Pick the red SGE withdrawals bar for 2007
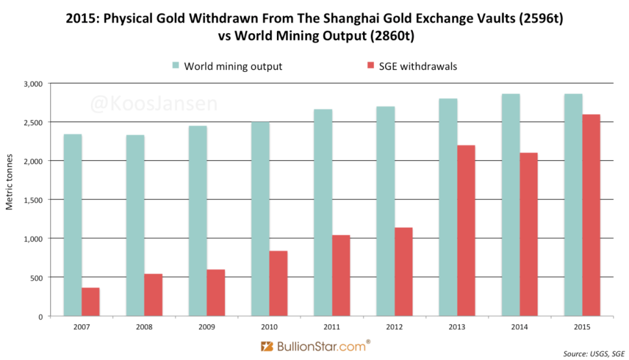[91, 302]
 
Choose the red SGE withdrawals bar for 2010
[278, 283]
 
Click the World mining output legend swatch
[176, 66]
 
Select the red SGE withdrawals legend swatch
[370, 66]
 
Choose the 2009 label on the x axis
[206, 326]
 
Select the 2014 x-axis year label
[519, 326]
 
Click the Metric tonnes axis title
[10, 200]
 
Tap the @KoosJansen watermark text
[154, 103]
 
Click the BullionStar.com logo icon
[266, 346]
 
